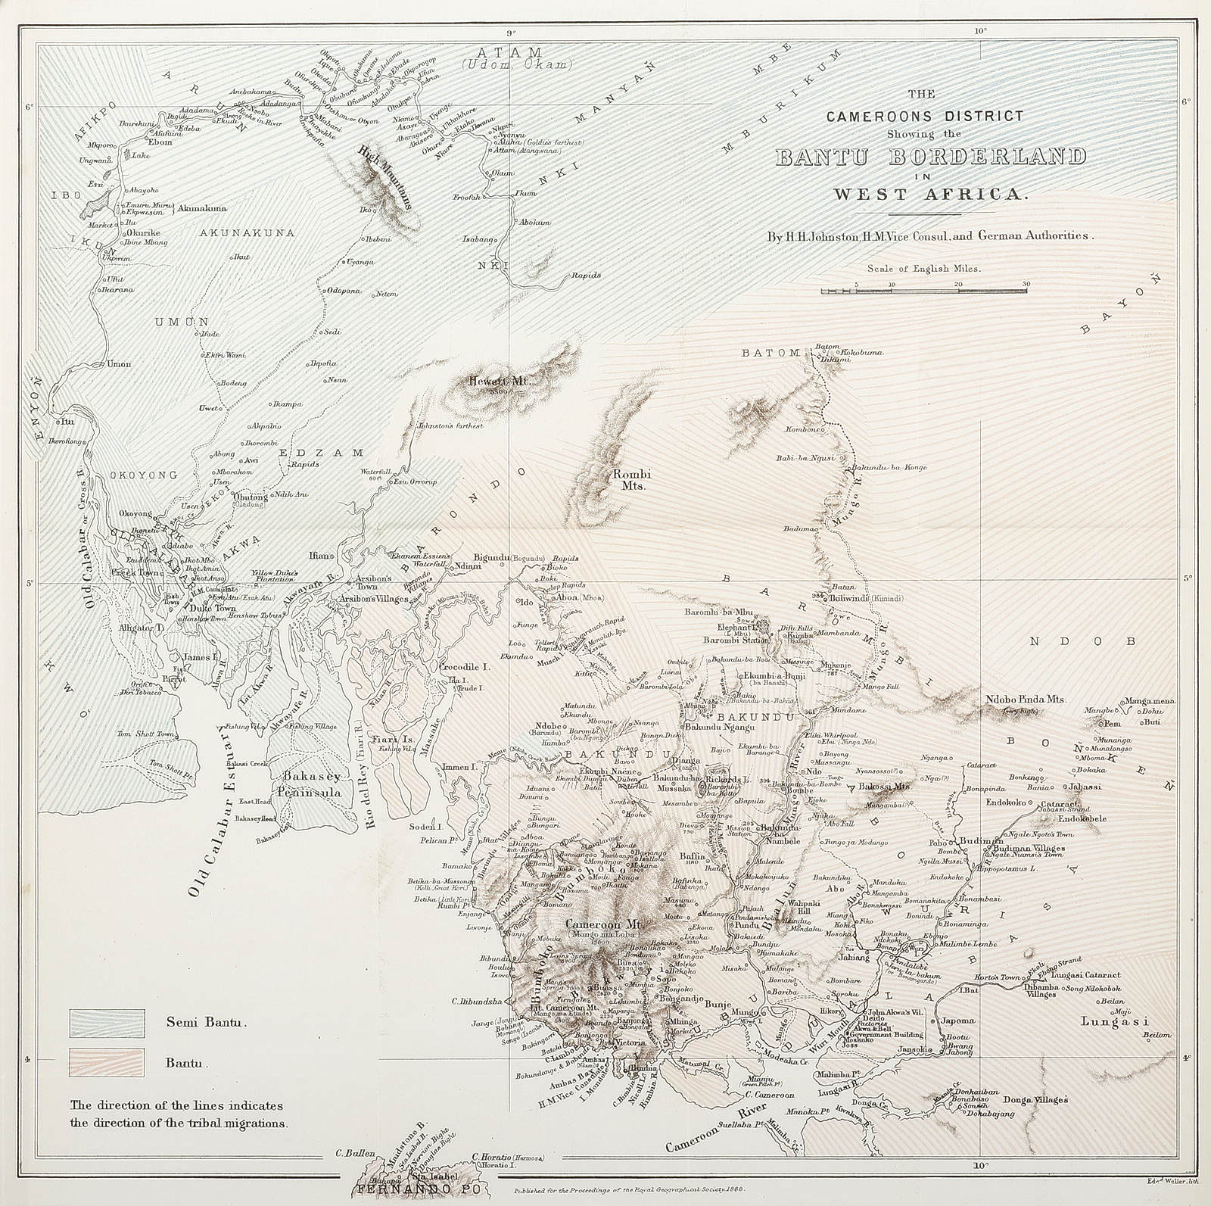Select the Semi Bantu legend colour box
107,1023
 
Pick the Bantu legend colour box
107,1063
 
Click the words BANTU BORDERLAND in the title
930,157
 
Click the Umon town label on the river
120,363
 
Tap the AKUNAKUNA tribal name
235,233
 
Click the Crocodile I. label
463,668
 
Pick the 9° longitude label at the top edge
512,32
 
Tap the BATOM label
770,352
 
